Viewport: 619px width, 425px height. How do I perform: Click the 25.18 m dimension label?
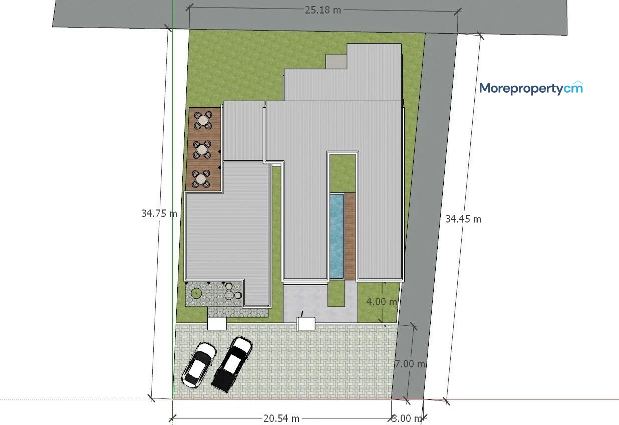(323, 10)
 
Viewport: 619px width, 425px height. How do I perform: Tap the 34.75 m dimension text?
(159, 214)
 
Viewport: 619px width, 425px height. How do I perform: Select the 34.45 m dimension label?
(463, 219)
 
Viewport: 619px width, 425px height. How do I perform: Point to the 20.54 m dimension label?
(281, 418)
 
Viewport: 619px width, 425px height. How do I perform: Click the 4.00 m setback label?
(382, 301)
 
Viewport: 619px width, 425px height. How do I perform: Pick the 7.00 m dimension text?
(410, 364)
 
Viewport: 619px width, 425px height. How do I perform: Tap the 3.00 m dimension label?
(407, 418)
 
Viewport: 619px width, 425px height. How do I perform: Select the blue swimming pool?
(337, 236)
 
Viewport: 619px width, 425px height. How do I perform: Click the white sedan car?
(199, 365)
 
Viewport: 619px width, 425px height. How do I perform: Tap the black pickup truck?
(232, 364)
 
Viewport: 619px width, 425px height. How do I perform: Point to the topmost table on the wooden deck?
(203, 120)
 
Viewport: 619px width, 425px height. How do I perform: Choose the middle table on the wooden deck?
(202, 149)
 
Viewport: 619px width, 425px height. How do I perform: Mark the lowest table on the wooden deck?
(201, 179)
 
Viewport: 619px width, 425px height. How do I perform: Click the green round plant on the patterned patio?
(196, 293)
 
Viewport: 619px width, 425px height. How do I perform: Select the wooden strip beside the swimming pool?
(350, 237)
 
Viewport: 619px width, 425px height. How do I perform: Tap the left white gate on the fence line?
(217, 324)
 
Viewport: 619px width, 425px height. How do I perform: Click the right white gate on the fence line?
(305, 324)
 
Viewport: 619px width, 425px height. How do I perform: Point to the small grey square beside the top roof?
(336, 61)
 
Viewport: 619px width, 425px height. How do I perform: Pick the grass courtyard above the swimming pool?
(343, 173)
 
